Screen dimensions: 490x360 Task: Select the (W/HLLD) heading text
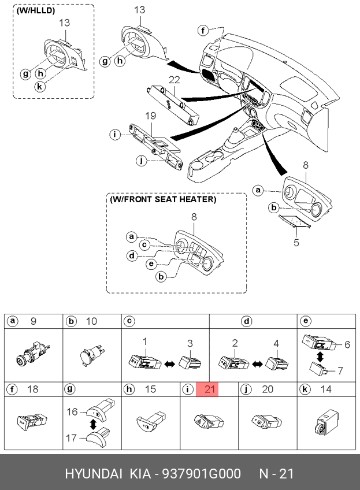36,11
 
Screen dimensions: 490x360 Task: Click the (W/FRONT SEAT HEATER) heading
163,199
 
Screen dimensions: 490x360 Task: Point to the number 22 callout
175,79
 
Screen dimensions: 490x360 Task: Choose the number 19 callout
150,117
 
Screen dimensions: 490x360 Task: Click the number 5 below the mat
296,243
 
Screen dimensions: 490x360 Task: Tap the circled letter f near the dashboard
203,30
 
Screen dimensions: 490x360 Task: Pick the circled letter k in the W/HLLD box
39,86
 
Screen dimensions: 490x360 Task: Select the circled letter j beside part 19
140,160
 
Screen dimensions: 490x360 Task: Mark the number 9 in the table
33,321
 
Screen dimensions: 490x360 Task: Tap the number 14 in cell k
326,389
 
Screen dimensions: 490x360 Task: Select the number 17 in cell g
72,438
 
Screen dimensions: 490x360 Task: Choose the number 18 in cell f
33,389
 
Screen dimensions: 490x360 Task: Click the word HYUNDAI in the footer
93,474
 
